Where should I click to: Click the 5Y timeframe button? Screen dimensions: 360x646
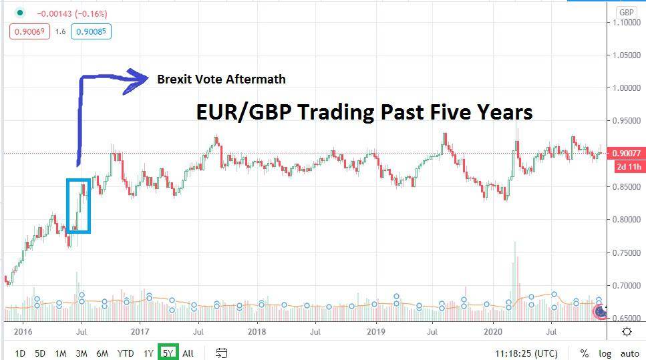point(168,353)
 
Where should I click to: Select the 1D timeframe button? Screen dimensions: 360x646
point(21,353)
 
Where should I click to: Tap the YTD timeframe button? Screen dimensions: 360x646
point(125,353)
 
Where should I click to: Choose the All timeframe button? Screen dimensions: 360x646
point(188,353)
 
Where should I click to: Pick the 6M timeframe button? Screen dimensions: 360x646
point(102,353)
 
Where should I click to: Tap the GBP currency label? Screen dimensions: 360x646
point(627,13)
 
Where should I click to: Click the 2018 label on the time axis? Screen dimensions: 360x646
point(257,331)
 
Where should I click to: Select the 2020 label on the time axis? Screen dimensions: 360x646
point(493,331)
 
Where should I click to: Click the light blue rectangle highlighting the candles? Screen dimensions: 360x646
point(78,206)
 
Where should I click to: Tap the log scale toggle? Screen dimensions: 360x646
point(605,353)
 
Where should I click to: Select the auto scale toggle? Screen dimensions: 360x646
point(630,353)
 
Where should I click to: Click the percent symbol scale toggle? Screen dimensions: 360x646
point(585,353)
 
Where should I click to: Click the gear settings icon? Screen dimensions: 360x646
point(627,331)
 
